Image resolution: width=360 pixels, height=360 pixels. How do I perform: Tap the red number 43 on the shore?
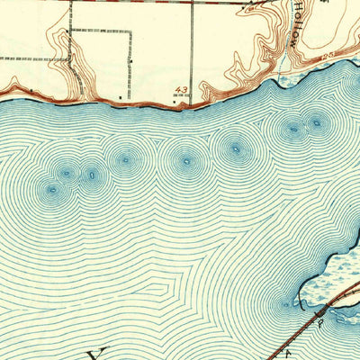click(183, 90)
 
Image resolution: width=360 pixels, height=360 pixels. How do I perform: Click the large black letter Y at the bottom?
click(98, 352)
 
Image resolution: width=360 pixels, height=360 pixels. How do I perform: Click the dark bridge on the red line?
click(325, 308)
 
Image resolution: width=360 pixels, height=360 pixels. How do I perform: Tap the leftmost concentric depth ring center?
click(51, 190)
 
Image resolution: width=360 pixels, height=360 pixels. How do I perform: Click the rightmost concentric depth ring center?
click(315, 122)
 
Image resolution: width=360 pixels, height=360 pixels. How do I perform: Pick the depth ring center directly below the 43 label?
click(186, 163)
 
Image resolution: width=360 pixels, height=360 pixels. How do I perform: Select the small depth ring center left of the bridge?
click(286, 304)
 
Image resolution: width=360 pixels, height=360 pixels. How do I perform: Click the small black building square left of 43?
click(121, 94)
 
